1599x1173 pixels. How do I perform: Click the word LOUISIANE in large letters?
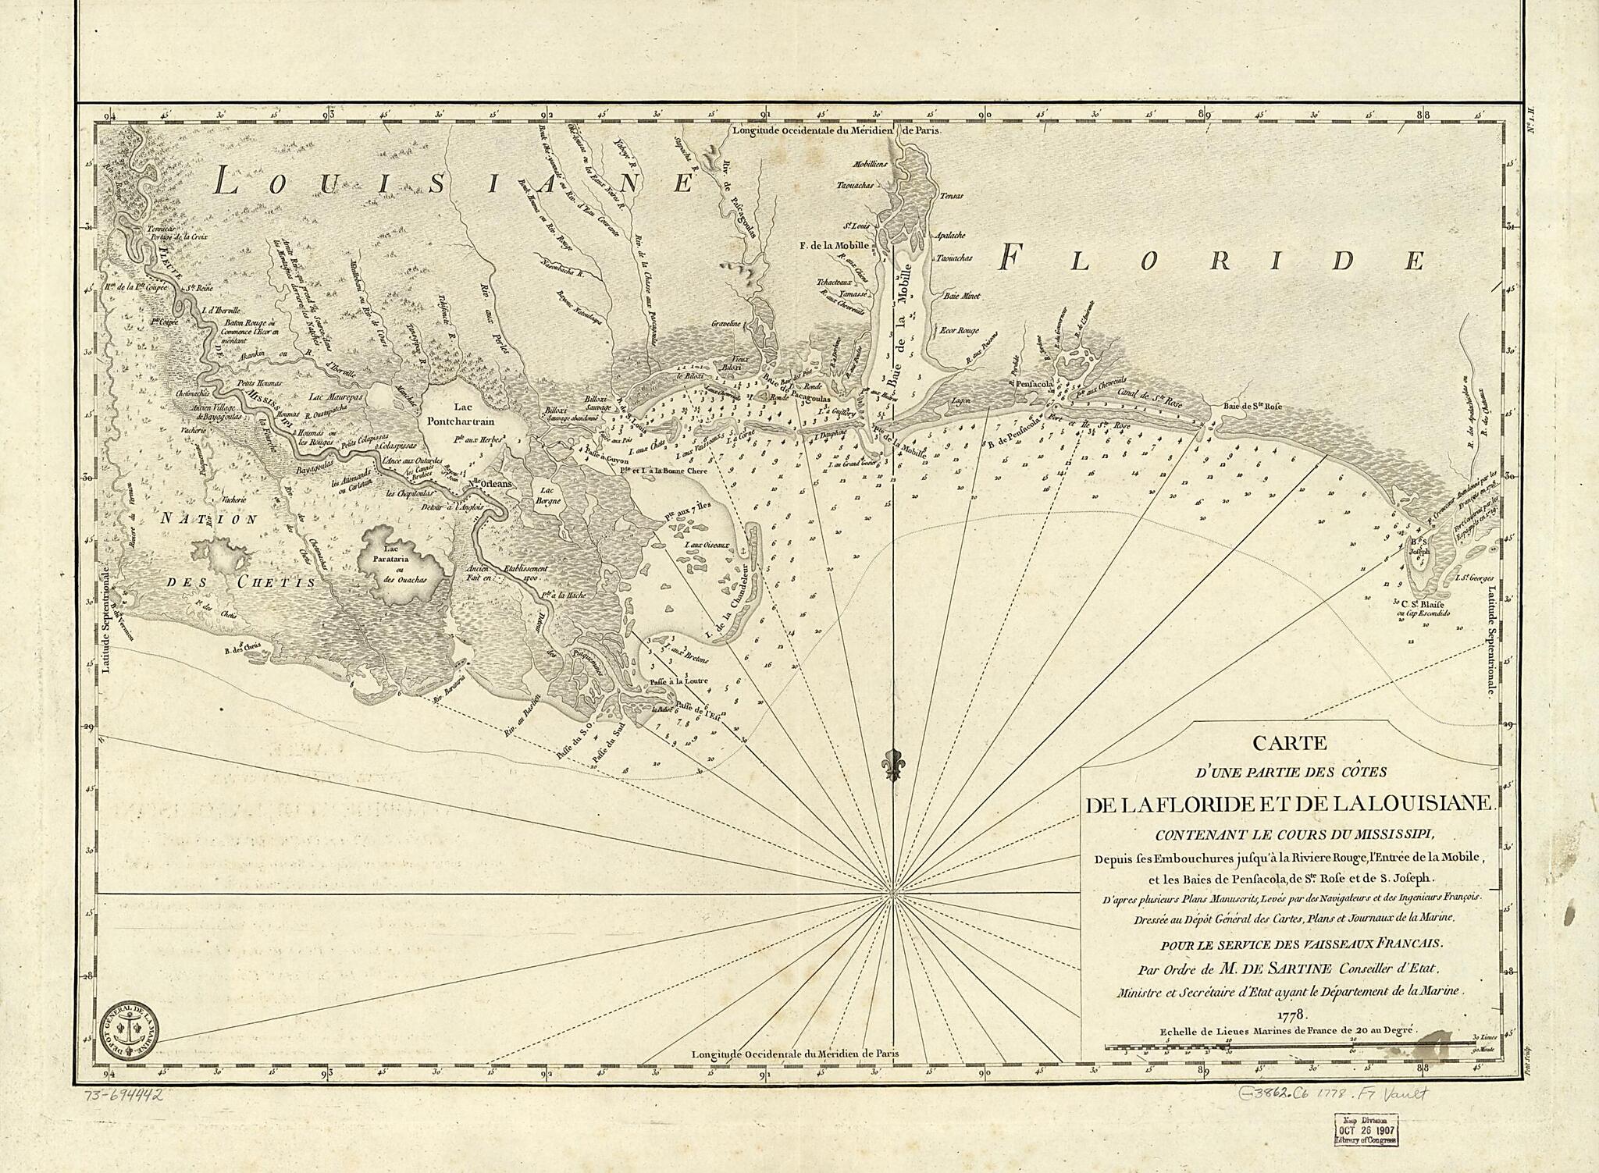(x=453, y=183)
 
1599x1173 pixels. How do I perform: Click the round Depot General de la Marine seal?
(x=130, y=1028)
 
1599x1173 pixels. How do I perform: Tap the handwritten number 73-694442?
(x=123, y=1096)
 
